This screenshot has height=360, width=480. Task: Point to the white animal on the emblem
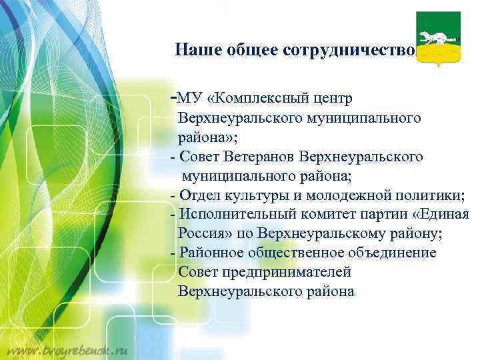[433, 35]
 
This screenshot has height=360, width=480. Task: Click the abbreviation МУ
[190, 99]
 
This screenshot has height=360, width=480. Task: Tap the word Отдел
[197, 195]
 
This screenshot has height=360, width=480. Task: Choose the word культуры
[251, 195]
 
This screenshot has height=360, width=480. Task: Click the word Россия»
[203, 234]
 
